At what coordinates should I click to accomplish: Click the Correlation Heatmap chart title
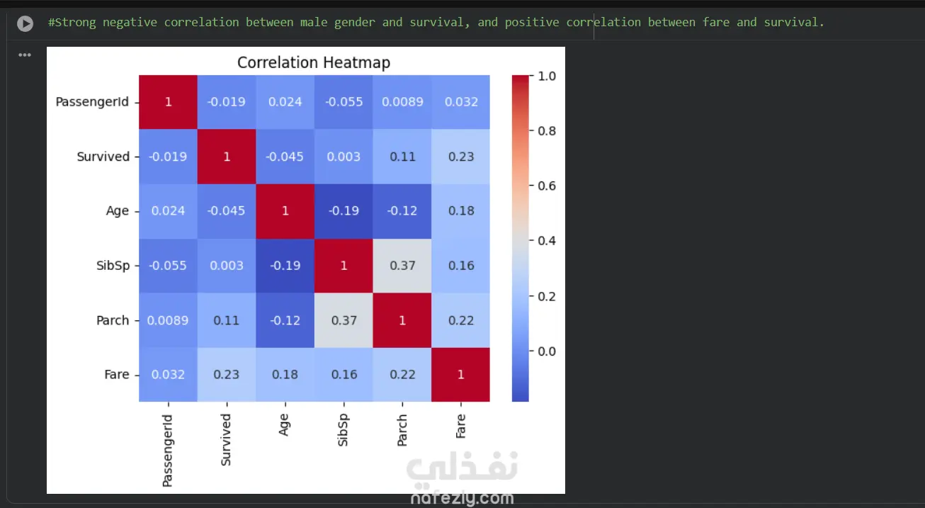point(313,62)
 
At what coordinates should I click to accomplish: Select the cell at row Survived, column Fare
point(460,157)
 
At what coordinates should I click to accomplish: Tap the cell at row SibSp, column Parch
point(402,266)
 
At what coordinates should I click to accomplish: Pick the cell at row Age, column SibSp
point(344,211)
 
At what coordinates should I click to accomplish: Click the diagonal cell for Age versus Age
point(285,211)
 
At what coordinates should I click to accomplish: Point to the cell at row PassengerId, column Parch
point(402,102)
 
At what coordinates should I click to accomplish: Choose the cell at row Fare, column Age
point(285,375)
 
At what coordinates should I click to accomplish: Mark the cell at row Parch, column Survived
point(227,320)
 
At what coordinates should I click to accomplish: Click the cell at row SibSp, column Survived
point(227,266)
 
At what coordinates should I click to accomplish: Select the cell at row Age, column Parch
point(402,211)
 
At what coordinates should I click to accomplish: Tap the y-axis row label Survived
point(103,157)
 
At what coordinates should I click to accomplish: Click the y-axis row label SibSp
point(113,266)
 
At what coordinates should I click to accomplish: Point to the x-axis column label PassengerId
point(168,451)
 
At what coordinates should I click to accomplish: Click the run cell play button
point(25,23)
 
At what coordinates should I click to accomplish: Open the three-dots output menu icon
point(25,55)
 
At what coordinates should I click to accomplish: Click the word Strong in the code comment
point(75,23)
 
